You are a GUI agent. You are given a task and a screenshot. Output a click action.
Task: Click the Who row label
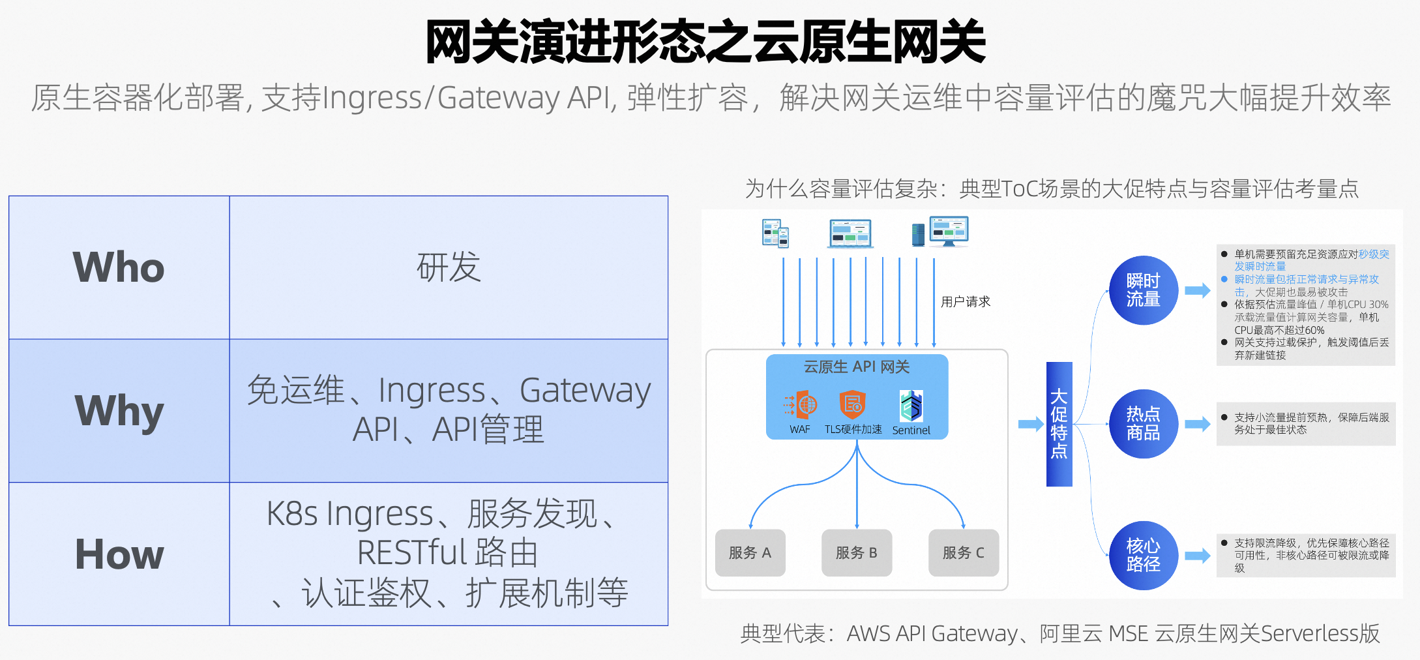coord(119,267)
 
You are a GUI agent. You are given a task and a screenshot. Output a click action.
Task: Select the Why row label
coord(119,411)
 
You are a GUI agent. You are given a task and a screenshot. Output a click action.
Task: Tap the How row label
coord(119,554)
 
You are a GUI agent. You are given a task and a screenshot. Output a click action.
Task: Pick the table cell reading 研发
coord(449,267)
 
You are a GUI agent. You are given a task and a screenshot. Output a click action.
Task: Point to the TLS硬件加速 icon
coord(852,405)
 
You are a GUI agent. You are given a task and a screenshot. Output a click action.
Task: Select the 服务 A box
coord(750,553)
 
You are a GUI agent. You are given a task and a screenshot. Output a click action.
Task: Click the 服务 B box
coord(857,553)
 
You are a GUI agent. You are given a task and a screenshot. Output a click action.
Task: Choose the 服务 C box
coord(964,553)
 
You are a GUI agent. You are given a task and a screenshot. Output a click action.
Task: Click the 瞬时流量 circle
coord(1143,290)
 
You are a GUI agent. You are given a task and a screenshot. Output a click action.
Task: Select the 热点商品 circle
coord(1143,424)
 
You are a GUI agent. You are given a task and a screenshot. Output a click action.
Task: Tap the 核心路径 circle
coord(1143,556)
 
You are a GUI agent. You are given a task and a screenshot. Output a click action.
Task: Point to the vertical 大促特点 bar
coord(1059,424)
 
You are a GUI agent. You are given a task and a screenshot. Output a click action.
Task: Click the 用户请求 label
coord(965,302)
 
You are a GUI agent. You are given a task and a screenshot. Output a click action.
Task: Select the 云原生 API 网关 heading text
coord(856,367)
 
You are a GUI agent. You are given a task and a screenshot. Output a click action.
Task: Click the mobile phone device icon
coord(775,233)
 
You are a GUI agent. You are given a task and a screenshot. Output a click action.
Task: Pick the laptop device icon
coord(850,233)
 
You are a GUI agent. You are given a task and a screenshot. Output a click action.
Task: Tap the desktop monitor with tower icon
coord(940,232)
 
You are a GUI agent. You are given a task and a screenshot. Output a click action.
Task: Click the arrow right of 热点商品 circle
coord(1197,425)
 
